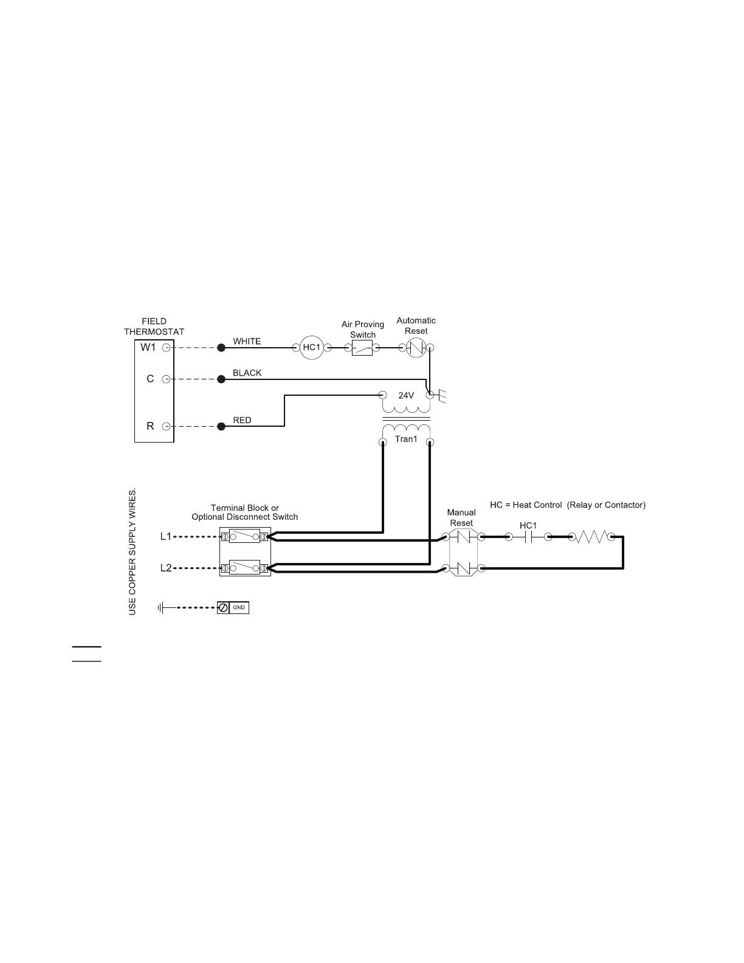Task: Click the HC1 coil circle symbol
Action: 311,348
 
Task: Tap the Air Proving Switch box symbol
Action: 362,348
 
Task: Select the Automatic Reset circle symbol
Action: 416,348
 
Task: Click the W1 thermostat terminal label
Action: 148,347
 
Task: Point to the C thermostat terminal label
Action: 150,379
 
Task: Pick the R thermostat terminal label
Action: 150,426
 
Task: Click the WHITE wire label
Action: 247,341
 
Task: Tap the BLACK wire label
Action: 247,373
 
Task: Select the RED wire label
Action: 242,420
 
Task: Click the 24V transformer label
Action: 406,395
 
